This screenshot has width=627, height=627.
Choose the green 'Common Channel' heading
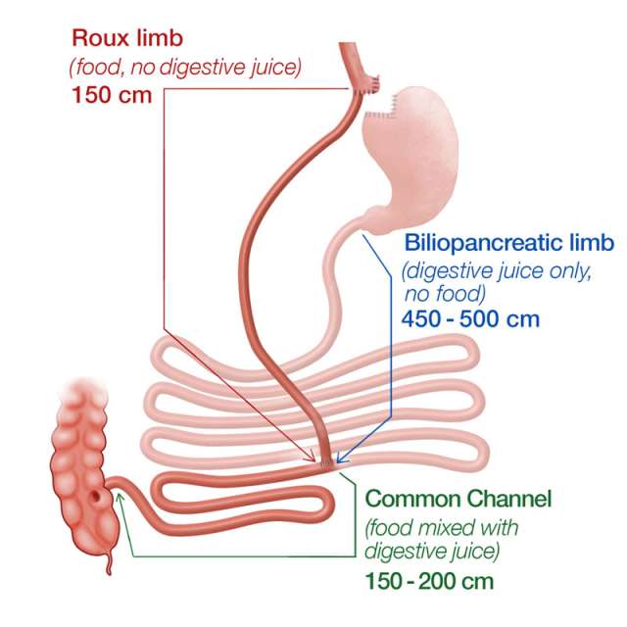(458, 498)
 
